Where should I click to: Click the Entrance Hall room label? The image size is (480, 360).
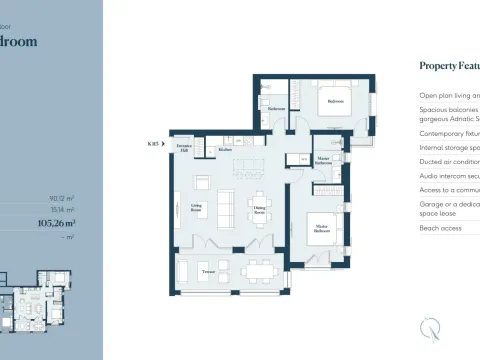tap(185, 148)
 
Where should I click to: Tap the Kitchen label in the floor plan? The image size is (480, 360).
tap(226, 150)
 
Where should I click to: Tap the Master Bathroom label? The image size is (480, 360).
tap(324, 160)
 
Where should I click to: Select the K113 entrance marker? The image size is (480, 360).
tap(153, 145)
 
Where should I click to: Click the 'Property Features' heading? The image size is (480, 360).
tap(449, 65)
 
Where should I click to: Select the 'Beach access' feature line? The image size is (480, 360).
tap(441, 229)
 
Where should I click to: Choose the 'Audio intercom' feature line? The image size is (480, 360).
tap(449, 174)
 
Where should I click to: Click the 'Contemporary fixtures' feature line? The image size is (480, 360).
tap(449, 131)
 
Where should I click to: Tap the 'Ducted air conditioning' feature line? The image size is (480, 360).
tap(449, 160)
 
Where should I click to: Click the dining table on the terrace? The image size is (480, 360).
tap(259, 270)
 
